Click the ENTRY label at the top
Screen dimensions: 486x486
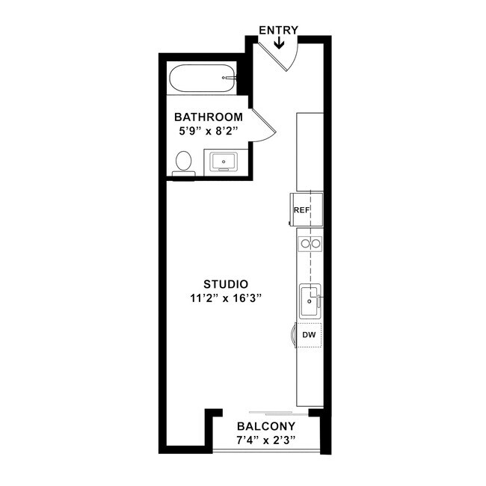(x=278, y=30)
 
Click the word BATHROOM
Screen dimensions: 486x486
(x=208, y=117)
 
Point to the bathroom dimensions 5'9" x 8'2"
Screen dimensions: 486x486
(x=209, y=130)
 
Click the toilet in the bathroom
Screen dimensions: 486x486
(x=183, y=163)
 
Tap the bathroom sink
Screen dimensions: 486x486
(x=223, y=161)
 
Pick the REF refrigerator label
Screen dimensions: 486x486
(x=302, y=210)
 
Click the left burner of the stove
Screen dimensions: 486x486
(x=304, y=243)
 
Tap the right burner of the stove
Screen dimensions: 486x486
(x=316, y=243)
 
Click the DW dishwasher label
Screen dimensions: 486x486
(x=309, y=336)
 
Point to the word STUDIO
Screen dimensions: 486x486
(x=226, y=284)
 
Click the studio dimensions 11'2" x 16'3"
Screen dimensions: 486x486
(x=226, y=298)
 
